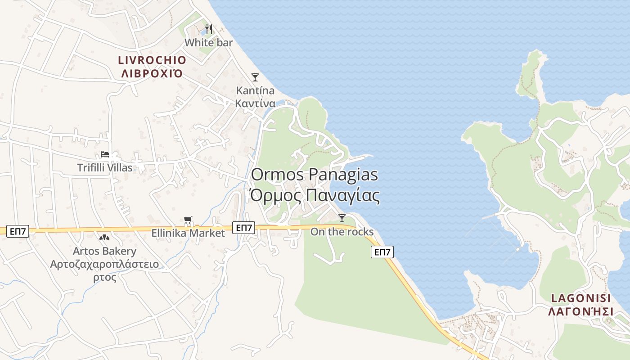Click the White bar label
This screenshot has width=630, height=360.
tap(209, 43)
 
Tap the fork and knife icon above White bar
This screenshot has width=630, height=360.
tap(208, 29)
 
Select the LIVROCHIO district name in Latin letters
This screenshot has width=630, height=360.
tap(152, 60)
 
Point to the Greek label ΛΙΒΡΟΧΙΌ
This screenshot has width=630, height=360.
tap(152, 73)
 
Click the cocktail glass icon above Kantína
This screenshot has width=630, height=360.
tap(255, 77)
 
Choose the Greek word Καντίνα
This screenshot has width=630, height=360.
tap(255, 103)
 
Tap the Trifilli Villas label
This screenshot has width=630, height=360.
tap(105, 168)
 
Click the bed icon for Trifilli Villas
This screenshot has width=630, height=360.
tap(105, 154)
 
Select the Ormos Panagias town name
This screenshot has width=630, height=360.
tap(314, 175)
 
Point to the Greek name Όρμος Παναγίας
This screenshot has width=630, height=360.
tap(314, 196)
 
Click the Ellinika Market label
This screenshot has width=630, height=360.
tap(188, 233)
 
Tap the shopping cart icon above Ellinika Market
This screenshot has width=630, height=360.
tap(188, 220)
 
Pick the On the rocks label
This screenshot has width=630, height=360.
tap(342, 232)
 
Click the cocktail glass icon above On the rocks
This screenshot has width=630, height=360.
tap(342, 218)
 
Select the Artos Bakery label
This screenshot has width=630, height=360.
tap(105, 251)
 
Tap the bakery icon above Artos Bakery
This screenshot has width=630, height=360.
tap(104, 237)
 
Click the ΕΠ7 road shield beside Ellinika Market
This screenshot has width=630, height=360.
tap(244, 228)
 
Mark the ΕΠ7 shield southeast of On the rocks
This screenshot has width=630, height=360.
tap(382, 252)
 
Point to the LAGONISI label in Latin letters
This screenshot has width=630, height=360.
tap(581, 298)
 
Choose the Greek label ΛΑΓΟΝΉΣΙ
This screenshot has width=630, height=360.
tap(581, 311)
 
